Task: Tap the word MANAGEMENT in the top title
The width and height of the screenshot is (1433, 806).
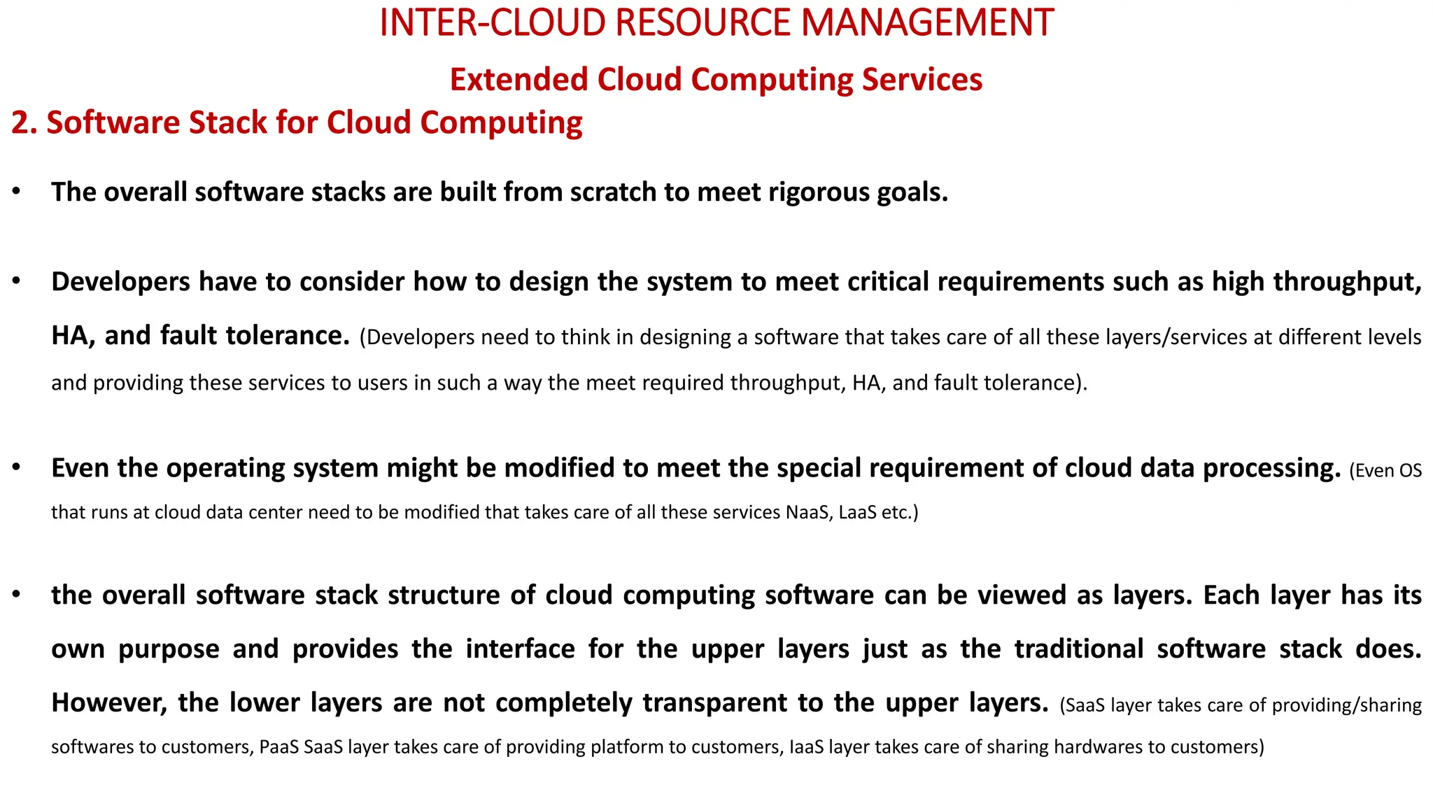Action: (927, 22)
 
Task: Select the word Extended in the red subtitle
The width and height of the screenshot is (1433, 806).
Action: (518, 79)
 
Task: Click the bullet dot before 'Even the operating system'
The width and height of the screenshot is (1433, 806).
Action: (16, 467)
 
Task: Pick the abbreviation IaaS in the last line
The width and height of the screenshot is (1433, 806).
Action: (806, 747)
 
